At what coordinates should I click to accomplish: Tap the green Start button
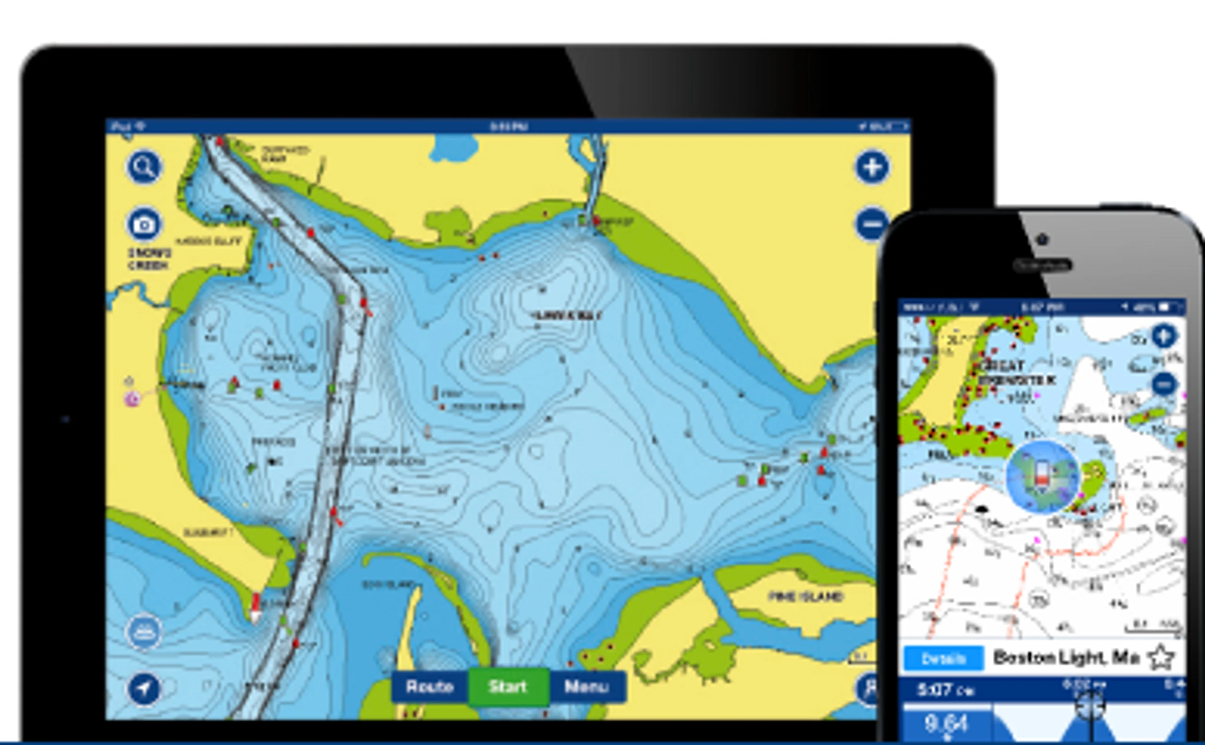pyautogui.click(x=508, y=686)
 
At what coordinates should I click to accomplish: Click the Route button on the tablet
pyautogui.click(x=429, y=686)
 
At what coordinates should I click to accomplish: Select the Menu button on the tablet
pyautogui.click(x=586, y=686)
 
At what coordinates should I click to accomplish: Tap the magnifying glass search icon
pyautogui.click(x=144, y=167)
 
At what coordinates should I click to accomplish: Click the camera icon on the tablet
pyautogui.click(x=144, y=225)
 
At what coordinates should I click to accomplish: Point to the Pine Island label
pyautogui.click(x=805, y=597)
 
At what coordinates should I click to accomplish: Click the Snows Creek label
pyautogui.click(x=149, y=259)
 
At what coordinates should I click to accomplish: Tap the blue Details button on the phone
pyautogui.click(x=943, y=658)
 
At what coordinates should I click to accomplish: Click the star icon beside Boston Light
pyautogui.click(x=1161, y=658)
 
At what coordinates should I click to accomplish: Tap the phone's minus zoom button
pyautogui.click(x=1165, y=384)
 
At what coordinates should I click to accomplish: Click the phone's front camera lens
pyautogui.click(x=1042, y=239)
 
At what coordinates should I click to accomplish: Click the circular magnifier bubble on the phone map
pyautogui.click(x=1042, y=477)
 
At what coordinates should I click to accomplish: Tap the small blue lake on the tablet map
pyautogui.click(x=454, y=147)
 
